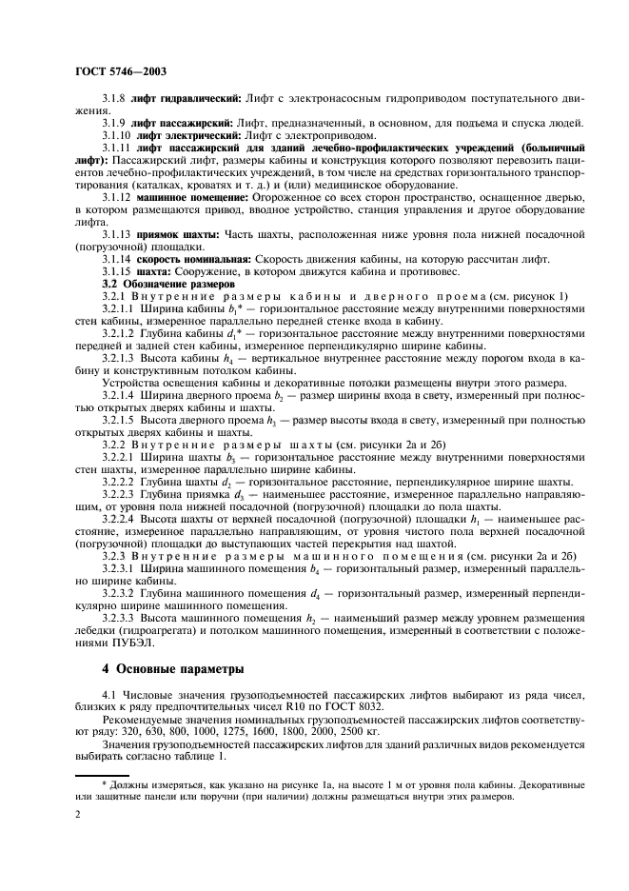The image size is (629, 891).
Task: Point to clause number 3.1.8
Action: coord(116,99)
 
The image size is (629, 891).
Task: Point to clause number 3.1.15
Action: coord(119,271)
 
